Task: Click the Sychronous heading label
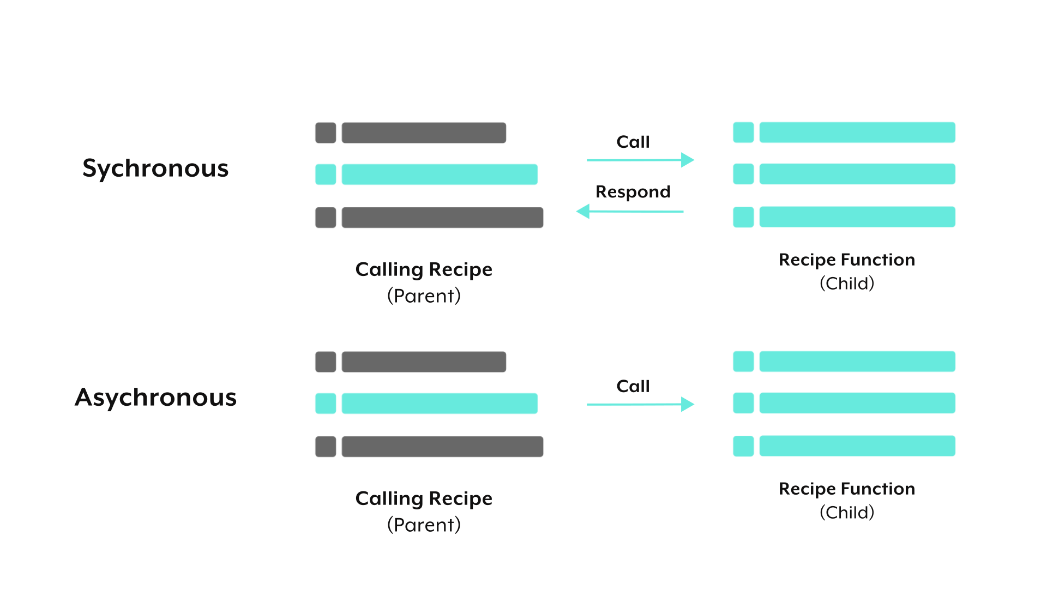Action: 155,170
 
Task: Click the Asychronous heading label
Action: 156,398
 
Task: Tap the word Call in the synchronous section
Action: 633,142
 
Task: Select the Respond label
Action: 633,193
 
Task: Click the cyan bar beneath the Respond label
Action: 629,212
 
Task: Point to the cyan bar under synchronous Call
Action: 640,160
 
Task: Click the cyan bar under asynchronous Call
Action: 640,404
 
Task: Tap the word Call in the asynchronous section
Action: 633,386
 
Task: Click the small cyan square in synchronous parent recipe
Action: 326,175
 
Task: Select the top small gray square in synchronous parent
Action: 326,133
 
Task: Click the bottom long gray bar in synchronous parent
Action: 442,217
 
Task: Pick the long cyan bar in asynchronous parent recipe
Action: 440,404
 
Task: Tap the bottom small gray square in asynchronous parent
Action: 326,446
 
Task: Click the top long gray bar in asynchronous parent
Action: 424,362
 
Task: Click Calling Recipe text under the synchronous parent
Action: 424,270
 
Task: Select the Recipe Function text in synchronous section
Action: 846,260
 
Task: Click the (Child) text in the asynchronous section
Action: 846,512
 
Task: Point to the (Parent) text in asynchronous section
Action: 424,525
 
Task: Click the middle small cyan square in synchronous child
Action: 743,174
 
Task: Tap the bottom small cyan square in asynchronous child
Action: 743,446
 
